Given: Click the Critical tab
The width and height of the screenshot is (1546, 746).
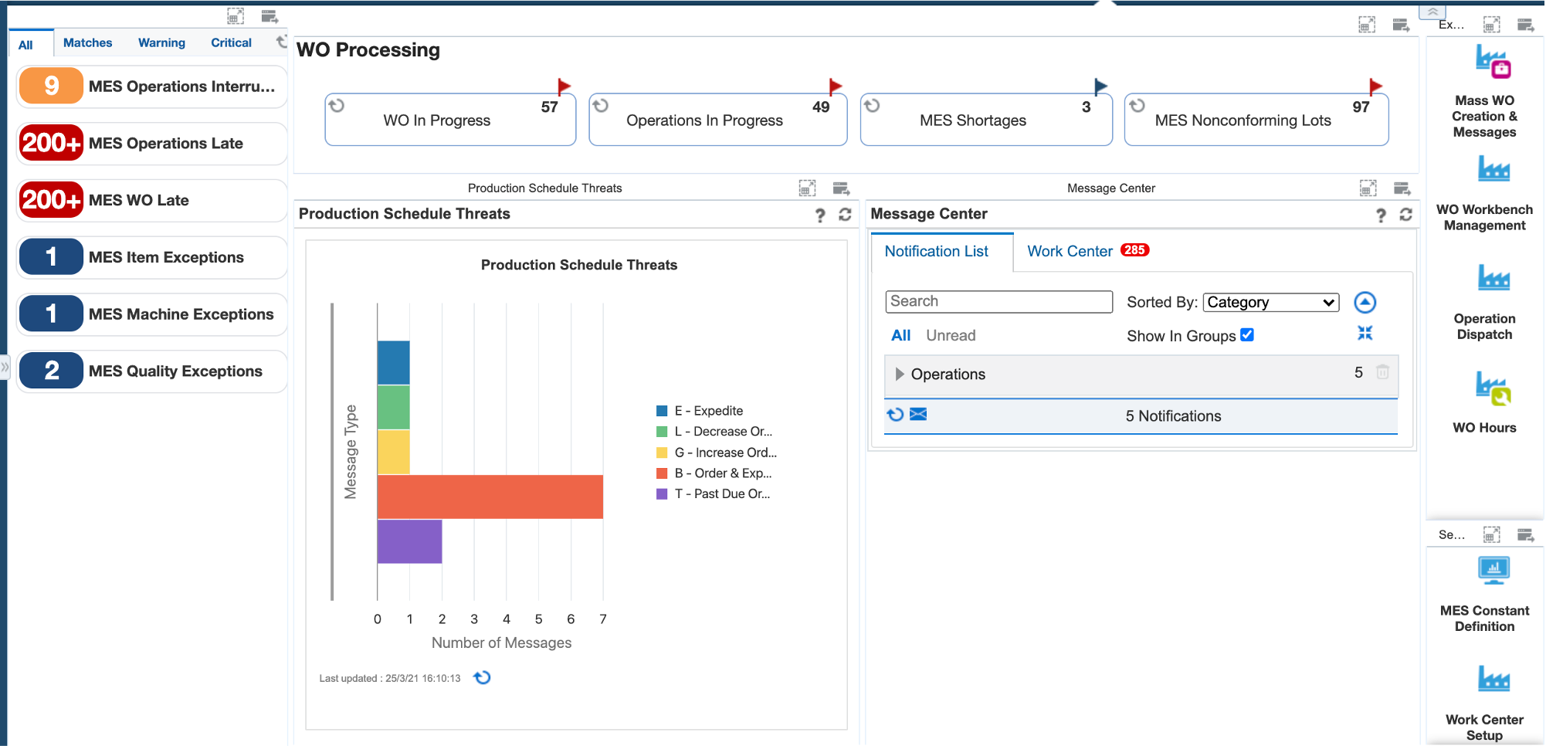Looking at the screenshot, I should click(x=231, y=42).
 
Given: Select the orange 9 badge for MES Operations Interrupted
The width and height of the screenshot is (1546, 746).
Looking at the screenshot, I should click(x=51, y=86).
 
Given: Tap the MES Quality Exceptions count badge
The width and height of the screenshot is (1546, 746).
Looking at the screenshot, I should click(x=51, y=371).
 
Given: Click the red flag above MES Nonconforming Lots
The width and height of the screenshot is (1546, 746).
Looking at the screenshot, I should click(x=1375, y=86).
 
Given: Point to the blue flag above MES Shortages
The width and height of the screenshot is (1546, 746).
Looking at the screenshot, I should click(x=1100, y=86).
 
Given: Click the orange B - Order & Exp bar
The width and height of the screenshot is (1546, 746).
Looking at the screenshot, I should click(x=490, y=497).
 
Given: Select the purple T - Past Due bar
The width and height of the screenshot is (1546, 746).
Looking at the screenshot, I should click(x=409, y=541).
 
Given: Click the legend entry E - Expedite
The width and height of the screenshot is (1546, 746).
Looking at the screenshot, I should click(x=708, y=411).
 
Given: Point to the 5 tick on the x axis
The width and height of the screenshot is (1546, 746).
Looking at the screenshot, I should click(x=538, y=619).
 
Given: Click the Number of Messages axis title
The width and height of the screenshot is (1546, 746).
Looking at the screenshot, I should click(x=501, y=643).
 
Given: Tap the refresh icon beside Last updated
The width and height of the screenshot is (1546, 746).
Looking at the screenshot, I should click(x=483, y=677).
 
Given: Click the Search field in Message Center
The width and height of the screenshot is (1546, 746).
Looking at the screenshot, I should click(x=998, y=301).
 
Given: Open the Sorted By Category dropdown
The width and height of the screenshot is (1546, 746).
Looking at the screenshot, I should click(x=1270, y=302).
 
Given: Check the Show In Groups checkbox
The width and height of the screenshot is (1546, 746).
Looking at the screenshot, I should click(x=1246, y=334).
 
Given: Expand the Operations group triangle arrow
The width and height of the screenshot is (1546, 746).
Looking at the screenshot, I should click(x=899, y=374).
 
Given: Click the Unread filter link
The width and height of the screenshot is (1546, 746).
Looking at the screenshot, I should click(x=951, y=335).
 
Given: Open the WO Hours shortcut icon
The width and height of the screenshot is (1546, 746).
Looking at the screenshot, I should click(x=1493, y=388).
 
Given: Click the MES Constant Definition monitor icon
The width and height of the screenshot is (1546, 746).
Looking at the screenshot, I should click(x=1493, y=570).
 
